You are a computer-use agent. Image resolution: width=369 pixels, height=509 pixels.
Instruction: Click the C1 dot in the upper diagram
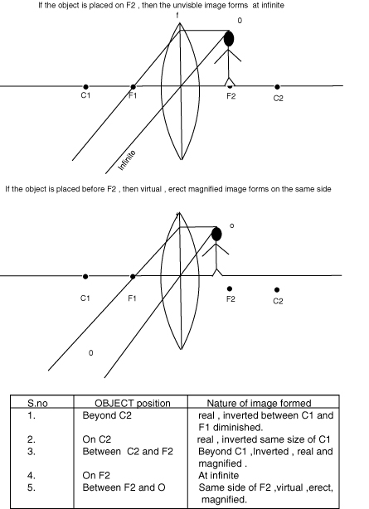(85, 87)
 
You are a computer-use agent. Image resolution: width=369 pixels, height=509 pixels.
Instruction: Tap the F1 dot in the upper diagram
(133, 87)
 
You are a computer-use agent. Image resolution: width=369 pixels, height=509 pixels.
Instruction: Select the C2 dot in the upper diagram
(277, 87)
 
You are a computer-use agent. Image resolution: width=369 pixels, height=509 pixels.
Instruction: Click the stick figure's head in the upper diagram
(229, 39)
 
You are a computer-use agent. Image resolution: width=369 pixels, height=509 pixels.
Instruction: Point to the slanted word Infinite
(126, 160)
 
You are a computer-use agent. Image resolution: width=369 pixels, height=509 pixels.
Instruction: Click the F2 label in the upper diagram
(231, 96)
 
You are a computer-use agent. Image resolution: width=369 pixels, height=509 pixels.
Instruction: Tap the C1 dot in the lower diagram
(85, 277)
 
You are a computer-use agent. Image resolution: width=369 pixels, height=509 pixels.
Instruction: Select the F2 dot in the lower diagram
(230, 288)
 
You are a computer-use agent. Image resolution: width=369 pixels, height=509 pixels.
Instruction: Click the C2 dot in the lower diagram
(277, 289)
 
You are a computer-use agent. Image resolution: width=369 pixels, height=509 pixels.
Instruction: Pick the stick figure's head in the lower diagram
(216, 234)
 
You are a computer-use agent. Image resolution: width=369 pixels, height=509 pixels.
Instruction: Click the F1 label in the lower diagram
(132, 298)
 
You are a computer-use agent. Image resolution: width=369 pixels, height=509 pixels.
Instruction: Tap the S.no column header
(37, 403)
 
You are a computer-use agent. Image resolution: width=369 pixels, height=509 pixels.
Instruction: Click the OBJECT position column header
(133, 403)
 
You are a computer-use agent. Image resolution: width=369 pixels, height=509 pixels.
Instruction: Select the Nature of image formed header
(260, 403)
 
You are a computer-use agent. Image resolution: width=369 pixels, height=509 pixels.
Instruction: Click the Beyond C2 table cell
(107, 415)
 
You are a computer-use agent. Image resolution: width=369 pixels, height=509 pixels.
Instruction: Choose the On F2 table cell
(96, 476)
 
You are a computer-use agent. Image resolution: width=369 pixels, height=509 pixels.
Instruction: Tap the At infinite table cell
(219, 476)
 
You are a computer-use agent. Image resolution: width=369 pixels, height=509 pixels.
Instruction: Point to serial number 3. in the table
(32, 452)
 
